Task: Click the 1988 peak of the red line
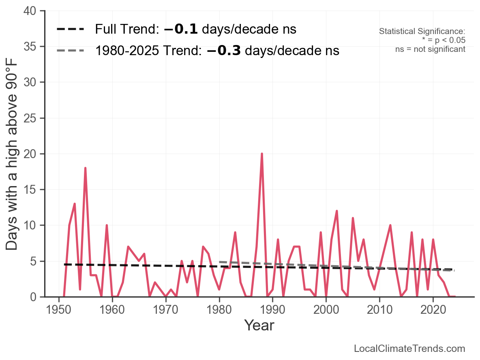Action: click(262, 154)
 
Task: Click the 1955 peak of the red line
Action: click(86, 168)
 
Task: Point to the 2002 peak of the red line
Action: click(337, 211)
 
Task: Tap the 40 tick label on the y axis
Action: click(30, 11)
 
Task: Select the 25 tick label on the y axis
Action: click(30, 118)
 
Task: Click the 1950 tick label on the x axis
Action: click(58, 309)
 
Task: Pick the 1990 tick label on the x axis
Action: click(272, 309)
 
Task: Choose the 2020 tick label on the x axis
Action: click(433, 309)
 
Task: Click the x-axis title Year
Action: click(259, 325)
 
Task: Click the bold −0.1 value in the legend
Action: click(181, 29)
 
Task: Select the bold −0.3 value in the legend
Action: click(224, 51)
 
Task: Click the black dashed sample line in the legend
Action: click(70, 29)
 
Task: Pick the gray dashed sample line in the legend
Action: click(70, 51)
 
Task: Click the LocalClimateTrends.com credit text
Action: click(409, 348)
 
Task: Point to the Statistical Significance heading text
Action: click(422, 31)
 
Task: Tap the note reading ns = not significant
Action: click(430, 49)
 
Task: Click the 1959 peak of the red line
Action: click(107, 225)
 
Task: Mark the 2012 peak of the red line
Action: click(390, 225)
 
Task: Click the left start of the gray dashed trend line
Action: click(219, 262)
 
